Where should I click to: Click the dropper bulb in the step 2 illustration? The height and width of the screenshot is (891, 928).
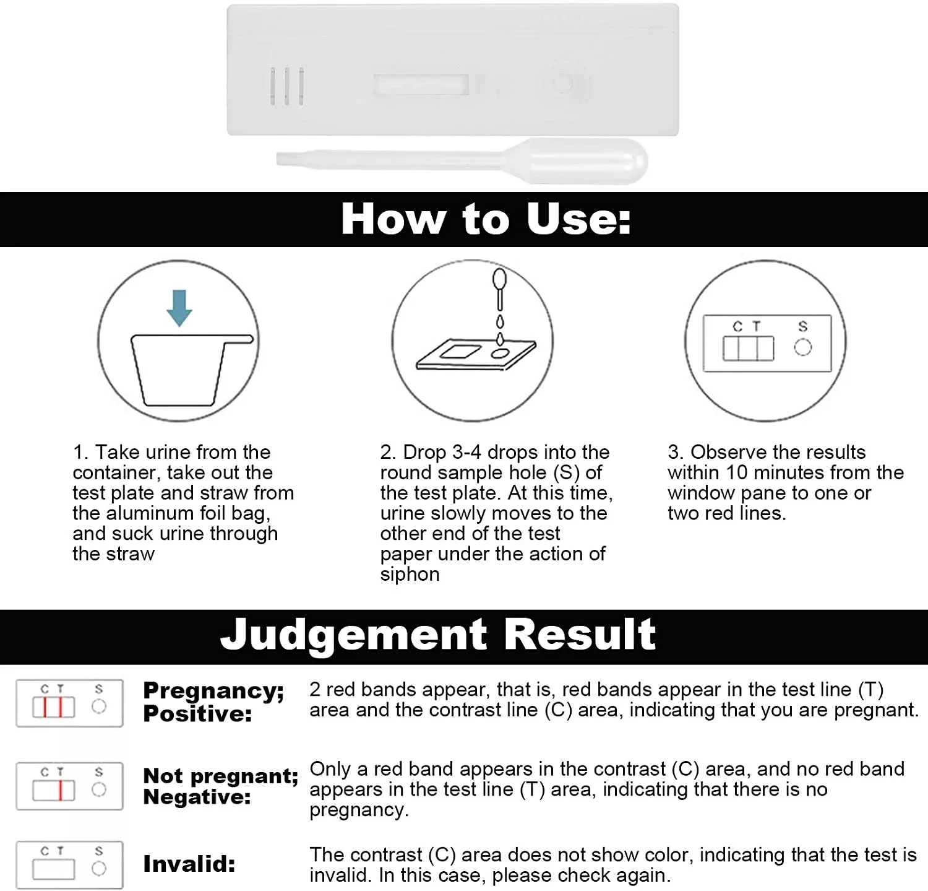(x=499, y=279)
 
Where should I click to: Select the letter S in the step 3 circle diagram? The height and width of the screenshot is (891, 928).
(x=802, y=326)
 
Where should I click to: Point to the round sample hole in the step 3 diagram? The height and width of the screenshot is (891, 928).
(x=802, y=347)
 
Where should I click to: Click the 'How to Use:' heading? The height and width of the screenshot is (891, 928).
(x=486, y=219)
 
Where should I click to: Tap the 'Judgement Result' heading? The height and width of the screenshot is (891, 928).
(x=438, y=635)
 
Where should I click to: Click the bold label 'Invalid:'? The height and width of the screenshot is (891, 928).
(x=189, y=864)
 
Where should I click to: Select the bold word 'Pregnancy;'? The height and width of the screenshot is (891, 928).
(x=213, y=690)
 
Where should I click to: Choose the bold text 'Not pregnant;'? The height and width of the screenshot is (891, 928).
(x=220, y=776)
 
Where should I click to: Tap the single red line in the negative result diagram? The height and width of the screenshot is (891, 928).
(x=61, y=791)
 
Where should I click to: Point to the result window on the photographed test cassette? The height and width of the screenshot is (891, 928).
(x=421, y=85)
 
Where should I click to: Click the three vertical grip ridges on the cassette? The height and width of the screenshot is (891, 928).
(x=287, y=86)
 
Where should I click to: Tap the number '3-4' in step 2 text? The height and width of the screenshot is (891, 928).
(x=466, y=452)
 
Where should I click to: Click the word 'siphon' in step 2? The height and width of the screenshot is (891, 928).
(x=410, y=574)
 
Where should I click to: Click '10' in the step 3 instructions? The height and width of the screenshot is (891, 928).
(x=737, y=472)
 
